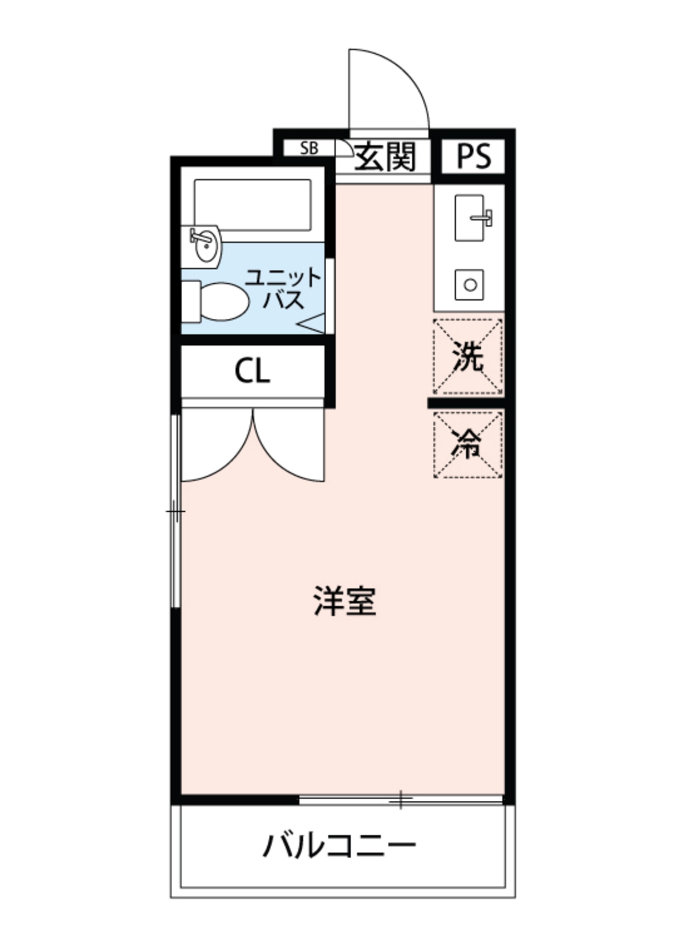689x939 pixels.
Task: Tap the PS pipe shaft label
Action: click(x=474, y=156)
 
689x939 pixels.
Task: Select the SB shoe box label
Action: click(x=309, y=148)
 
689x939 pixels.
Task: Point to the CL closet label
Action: click(x=252, y=371)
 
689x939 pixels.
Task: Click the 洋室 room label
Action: click(x=345, y=601)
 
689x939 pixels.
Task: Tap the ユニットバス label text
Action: click(x=282, y=288)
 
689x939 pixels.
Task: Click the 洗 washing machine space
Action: click(x=468, y=356)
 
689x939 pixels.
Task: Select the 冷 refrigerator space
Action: click(x=468, y=444)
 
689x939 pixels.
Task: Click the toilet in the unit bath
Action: click(x=219, y=302)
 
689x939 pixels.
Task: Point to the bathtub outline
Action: click(x=253, y=204)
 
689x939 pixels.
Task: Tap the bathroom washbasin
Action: click(x=204, y=246)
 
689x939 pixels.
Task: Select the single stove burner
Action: click(x=470, y=285)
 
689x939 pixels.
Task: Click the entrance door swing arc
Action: click(x=389, y=89)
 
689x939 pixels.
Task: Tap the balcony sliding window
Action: click(x=401, y=799)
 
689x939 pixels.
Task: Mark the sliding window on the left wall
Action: click(x=176, y=511)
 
